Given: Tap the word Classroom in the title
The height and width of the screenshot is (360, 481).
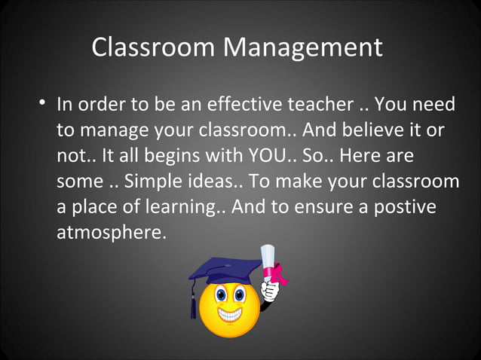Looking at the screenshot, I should coord(155,48).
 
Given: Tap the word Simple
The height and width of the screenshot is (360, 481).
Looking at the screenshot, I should coord(151,183).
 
